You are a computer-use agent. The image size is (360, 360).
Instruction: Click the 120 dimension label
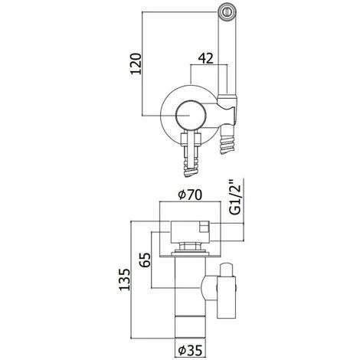pyautogui.click(x=136, y=64)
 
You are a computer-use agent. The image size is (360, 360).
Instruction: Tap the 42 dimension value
pyautogui.click(x=205, y=58)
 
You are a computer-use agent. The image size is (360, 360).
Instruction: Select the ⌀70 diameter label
pyautogui.click(x=190, y=195)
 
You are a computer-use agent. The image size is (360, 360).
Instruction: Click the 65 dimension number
pyautogui.click(x=146, y=260)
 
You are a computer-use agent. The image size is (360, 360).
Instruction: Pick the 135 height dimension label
pyautogui.click(x=125, y=280)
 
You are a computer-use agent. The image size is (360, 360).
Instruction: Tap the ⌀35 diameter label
pyautogui.click(x=190, y=350)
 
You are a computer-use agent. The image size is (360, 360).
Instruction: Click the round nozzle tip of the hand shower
pyautogui.click(x=227, y=11)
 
